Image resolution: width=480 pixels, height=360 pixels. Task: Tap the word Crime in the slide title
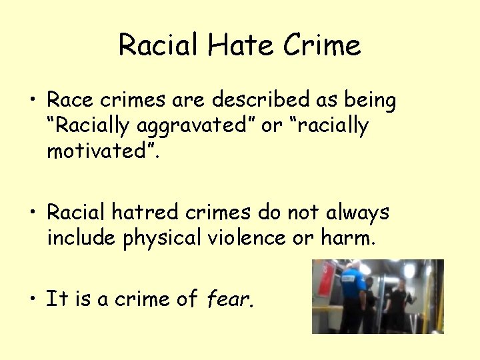(322, 45)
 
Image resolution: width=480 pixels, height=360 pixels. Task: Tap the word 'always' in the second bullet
(357, 213)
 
